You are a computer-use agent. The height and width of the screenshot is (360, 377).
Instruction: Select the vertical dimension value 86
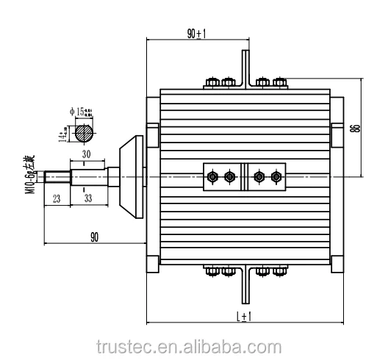(355, 127)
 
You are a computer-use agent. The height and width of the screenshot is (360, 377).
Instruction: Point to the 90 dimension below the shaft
(95, 236)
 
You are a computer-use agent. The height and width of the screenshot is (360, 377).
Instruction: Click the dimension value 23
(57, 198)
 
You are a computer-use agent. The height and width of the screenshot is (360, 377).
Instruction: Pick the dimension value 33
(88, 198)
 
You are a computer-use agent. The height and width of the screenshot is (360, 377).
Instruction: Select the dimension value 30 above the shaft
(87, 155)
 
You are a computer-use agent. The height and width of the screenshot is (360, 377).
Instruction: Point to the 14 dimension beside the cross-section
(62, 134)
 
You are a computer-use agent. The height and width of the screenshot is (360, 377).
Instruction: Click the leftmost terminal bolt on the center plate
(213, 177)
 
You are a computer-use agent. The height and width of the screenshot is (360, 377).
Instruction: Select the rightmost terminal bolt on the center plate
(276, 177)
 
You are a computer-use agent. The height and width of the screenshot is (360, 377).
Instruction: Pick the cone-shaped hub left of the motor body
(131, 177)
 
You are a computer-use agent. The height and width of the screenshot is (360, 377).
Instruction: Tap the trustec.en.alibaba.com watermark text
(187, 346)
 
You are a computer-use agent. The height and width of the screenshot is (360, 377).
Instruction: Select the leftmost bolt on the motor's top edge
(213, 82)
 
